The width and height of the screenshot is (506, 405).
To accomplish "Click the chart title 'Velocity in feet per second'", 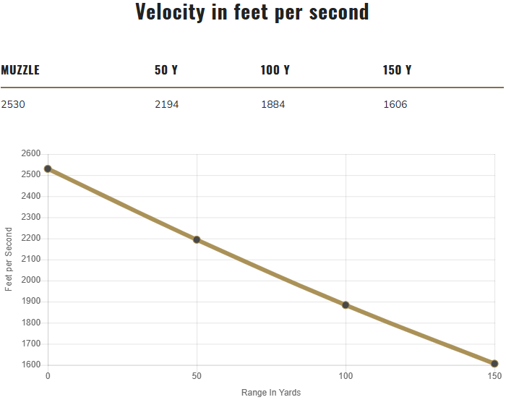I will [252, 12].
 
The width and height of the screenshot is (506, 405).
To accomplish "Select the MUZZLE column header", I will [20, 70].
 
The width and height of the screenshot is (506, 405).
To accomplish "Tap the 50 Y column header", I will [166, 70].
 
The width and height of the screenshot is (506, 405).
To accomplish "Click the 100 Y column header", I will [275, 70].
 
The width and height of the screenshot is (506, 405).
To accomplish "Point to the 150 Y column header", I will [398, 70].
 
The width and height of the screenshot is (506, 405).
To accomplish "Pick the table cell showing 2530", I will [13, 104].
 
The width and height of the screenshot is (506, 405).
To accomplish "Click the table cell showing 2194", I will [167, 104].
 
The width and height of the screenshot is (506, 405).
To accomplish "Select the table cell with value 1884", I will [273, 104].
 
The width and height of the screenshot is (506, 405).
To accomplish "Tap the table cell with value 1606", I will [395, 104].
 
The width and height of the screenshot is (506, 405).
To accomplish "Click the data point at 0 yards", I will [48, 169].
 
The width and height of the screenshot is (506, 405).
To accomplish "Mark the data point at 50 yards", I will [197, 239].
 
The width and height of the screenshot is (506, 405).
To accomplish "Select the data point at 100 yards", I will [346, 305].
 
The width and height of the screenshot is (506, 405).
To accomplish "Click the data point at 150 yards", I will [494, 364].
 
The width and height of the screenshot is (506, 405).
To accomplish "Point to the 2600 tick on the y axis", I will [31, 154].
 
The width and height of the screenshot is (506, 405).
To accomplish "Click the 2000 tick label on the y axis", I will [31, 281].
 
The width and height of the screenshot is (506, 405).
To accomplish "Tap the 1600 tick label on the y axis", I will [31, 365].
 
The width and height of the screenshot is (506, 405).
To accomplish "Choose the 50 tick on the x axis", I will [197, 377].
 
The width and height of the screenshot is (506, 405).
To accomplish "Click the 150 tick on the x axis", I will [494, 377].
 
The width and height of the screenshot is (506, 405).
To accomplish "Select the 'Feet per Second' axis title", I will [9, 259].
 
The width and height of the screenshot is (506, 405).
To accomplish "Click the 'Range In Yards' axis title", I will [271, 393].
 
